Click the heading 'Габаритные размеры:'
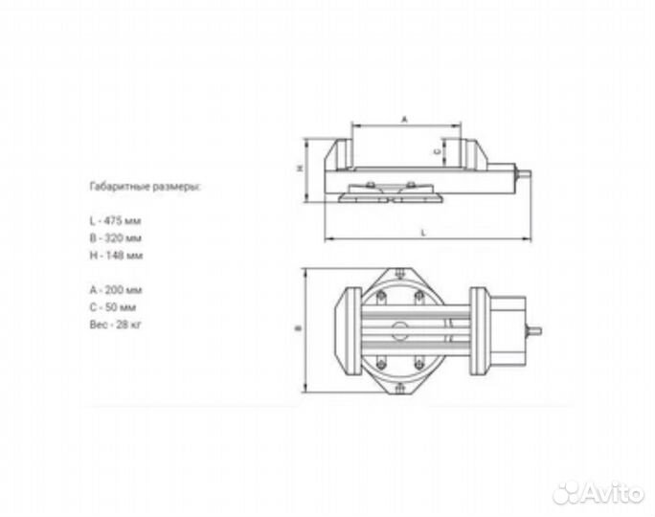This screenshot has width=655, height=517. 145,188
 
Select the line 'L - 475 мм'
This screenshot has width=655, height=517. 114,220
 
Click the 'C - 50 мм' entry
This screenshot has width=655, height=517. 112,307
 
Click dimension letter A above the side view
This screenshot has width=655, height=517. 404,120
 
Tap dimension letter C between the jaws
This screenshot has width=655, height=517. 437,151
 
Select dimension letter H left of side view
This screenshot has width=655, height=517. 300,169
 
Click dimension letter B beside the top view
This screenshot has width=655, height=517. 299,329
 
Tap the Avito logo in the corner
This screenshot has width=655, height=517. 599,493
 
